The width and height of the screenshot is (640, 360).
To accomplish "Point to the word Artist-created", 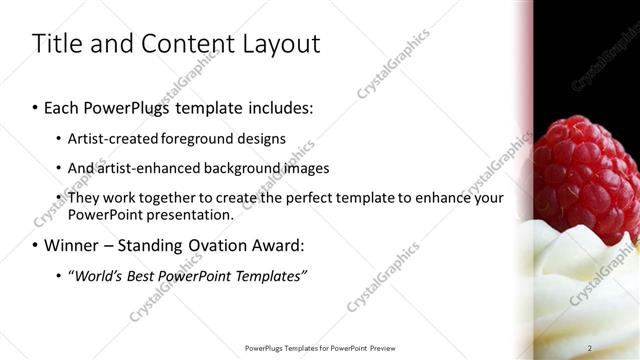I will click(110, 139).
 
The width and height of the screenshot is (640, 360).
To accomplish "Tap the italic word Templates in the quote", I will click(271, 276).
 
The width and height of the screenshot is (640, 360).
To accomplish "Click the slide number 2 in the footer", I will click(590, 348).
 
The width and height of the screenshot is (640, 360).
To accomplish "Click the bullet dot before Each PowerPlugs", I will click(36, 108).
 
